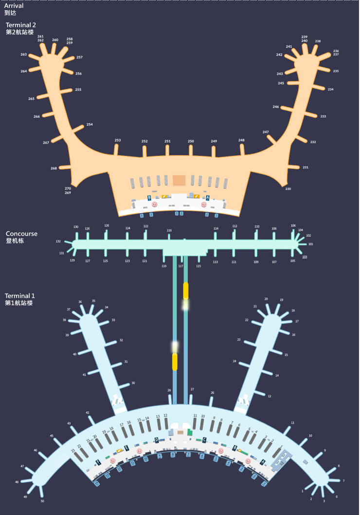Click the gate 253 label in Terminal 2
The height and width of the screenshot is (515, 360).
pyautogui.click(x=118, y=140)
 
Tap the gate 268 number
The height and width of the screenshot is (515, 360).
pyautogui.click(x=54, y=168)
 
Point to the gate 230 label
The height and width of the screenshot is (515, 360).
pyautogui.click(x=288, y=189)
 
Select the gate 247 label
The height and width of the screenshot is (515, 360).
pyautogui.click(x=266, y=132)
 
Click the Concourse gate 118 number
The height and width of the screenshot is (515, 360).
pyautogui.click(x=169, y=230)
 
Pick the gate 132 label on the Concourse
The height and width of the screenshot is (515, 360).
pyautogui.click(x=58, y=241)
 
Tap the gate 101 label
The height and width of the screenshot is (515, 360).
pyautogui.click(x=311, y=244)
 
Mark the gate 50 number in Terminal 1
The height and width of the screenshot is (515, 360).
pyautogui.click(x=42, y=501)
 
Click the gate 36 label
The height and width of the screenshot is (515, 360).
pyautogui.click(x=80, y=302)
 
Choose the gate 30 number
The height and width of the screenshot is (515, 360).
pyautogui.click(x=133, y=383)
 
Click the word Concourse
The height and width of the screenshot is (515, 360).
pyautogui.click(x=21, y=234)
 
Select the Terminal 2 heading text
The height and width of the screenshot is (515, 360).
pyautogui.click(x=21, y=25)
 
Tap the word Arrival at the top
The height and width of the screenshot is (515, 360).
pyautogui.click(x=14, y=6)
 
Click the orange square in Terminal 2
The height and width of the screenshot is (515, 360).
pyautogui.click(x=179, y=181)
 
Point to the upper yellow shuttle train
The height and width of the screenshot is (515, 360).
pyautogui.click(x=185, y=290)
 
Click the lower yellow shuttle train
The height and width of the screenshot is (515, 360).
pyautogui.click(x=175, y=362)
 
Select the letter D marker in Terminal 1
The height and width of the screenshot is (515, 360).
pyautogui.click(x=156, y=440)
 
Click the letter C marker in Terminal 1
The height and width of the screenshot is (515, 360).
pyautogui.click(x=204, y=440)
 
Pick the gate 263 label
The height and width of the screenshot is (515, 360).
pyautogui.click(x=24, y=55)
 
